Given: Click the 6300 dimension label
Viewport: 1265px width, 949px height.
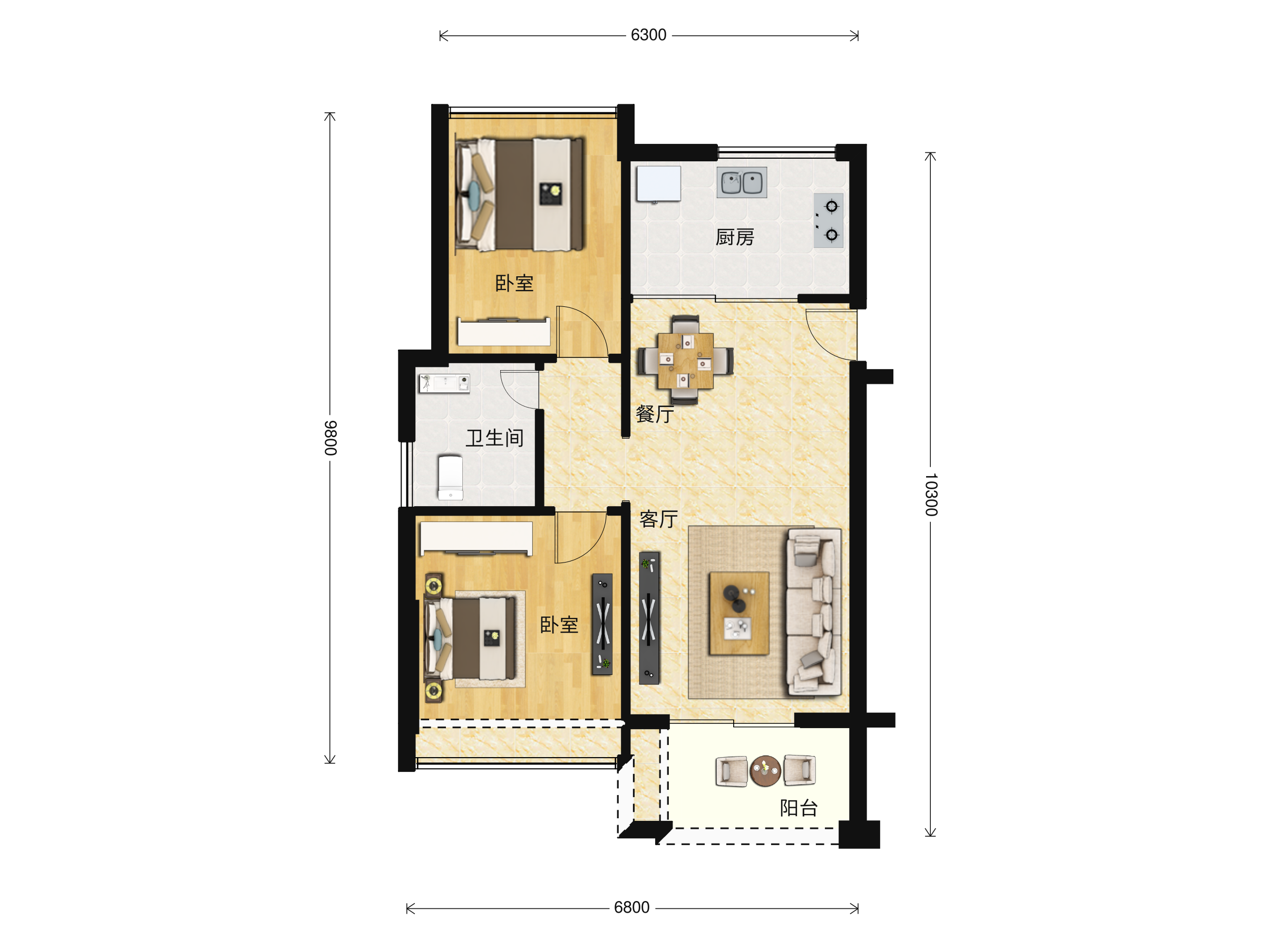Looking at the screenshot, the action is click(x=648, y=35).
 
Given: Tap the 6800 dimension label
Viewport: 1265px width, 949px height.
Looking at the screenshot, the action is click(x=631, y=908).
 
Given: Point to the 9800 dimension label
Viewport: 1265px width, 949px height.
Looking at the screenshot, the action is click(x=330, y=438).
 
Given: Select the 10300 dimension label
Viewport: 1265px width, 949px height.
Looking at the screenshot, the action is click(x=931, y=495).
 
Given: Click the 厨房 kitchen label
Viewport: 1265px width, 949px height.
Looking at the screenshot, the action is click(x=735, y=237).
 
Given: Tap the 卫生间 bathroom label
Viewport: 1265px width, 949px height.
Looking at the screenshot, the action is click(x=495, y=438).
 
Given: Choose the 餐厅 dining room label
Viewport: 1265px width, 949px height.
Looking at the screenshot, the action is click(x=655, y=414).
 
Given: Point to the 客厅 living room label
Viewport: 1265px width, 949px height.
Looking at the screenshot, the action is click(x=659, y=519).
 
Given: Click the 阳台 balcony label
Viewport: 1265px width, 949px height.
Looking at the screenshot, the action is click(x=799, y=808).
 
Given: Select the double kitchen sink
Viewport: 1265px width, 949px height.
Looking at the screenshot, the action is click(x=742, y=182).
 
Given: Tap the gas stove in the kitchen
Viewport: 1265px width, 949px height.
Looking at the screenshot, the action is click(x=829, y=220).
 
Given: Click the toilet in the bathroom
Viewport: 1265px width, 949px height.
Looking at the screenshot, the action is click(x=450, y=478).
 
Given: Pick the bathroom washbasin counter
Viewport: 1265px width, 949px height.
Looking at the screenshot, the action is click(x=444, y=384).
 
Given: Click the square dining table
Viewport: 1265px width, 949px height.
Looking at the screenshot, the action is click(x=686, y=361).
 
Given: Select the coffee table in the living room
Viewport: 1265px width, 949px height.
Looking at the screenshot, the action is click(x=739, y=613).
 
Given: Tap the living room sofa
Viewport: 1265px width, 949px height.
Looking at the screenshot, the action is click(x=814, y=612).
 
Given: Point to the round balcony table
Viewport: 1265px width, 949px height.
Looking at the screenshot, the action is click(x=765, y=771).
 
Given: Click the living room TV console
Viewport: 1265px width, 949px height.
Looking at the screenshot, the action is click(x=649, y=618).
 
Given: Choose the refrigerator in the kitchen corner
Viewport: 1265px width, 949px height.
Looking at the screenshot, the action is click(x=659, y=183).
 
